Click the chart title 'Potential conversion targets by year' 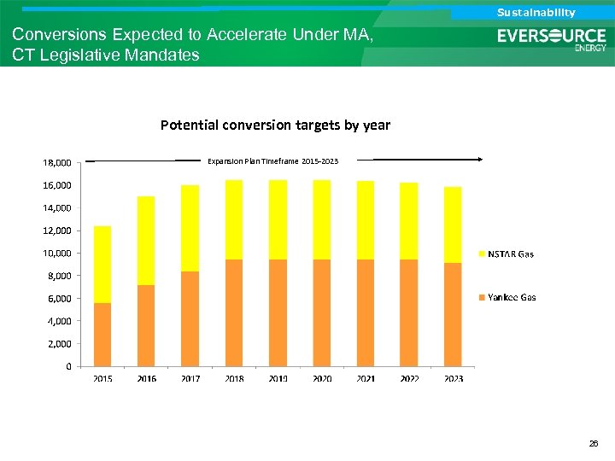tap(275, 125)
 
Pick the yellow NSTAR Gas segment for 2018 tap(234, 219)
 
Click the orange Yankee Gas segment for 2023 tap(453, 315)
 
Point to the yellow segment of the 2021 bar tap(366, 220)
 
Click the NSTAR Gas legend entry tap(510, 254)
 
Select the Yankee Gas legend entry tap(512, 297)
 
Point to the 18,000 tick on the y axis tap(57, 162)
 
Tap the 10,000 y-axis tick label tap(57, 254)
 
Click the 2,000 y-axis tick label tap(60, 344)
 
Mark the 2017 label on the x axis tap(190, 378)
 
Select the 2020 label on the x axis tap(322, 378)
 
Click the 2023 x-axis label tap(453, 378)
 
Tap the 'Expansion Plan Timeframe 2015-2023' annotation tap(272, 160)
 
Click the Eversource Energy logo tap(552, 38)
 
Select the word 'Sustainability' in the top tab tap(536, 12)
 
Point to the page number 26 tap(594, 445)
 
